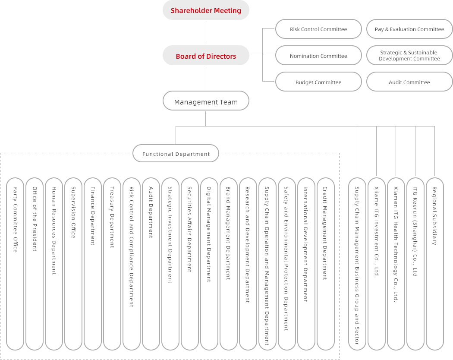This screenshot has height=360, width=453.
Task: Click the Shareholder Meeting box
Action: pyautogui.click(x=206, y=10)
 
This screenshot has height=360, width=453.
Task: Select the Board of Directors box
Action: pyautogui.click(x=206, y=56)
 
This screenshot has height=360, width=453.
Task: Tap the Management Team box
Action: pyautogui.click(x=206, y=102)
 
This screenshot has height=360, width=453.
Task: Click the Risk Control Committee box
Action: pyautogui.click(x=318, y=29)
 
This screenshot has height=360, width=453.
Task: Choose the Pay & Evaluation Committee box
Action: pyautogui.click(x=409, y=29)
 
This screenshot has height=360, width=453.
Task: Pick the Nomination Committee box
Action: pyautogui.click(x=318, y=56)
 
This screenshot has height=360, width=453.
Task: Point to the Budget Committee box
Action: pyautogui.click(x=318, y=82)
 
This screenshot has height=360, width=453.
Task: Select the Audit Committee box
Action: pyautogui.click(x=409, y=82)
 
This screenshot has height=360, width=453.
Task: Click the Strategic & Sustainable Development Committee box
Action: pyautogui.click(x=409, y=56)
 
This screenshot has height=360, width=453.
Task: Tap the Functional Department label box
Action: pyautogui.click(x=176, y=154)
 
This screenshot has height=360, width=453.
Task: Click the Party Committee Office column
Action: pyautogui.click(x=15, y=263)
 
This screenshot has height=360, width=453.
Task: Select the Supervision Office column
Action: pyautogui.click(x=73, y=263)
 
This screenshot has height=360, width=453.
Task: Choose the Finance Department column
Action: pyautogui.click(x=93, y=263)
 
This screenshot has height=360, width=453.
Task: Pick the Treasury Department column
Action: pyautogui.click(x=112, y=263)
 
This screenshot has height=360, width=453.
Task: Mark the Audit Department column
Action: pyautogui.click(x=151, y=263)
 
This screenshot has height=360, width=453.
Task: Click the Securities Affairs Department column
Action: pyautogui.click(x=190, y=263)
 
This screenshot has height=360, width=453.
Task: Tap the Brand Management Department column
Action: pyautogui.click(x=229, y=263)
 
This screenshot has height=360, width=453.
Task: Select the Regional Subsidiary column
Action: pyautogui.click(x=434, y=263)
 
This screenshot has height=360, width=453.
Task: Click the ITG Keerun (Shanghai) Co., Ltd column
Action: pyautogui.click(x=415, y=263)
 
